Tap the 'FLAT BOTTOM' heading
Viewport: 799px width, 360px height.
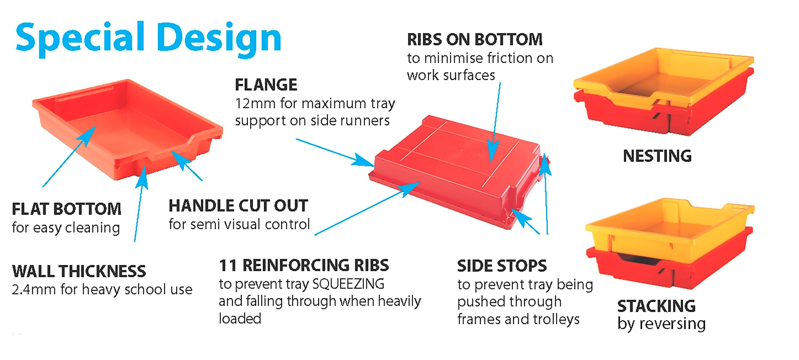pos(66,209)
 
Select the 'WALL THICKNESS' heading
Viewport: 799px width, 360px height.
pos(79,271)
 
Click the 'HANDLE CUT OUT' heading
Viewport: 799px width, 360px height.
pos(238,206)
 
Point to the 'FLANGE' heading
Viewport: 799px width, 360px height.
pos(266,85)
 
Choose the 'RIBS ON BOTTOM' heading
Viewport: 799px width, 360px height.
pos(475,39)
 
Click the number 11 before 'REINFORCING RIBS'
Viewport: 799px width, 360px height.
pos(228,265)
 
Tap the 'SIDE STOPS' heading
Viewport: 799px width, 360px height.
pos(502,266)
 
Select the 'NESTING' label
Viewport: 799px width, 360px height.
pos(657,156)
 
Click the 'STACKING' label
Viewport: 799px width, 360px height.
pos(656,306)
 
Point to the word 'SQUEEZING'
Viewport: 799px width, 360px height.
pos(348,284)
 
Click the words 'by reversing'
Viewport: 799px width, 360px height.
pos(661,324)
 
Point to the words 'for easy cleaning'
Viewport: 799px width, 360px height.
pos(66,228)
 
